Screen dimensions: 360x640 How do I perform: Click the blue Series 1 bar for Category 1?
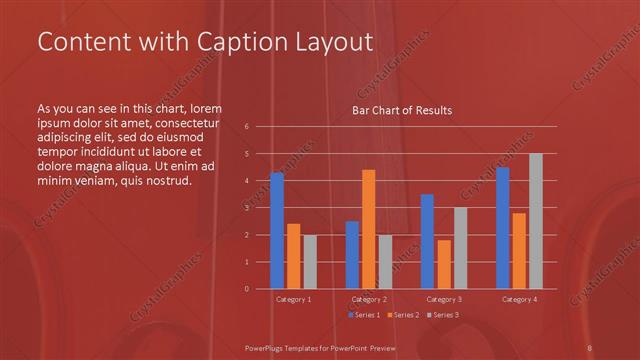click(277, 230)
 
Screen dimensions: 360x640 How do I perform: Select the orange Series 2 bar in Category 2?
click(369, 229)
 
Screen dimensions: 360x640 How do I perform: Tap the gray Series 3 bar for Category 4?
click(536, 221)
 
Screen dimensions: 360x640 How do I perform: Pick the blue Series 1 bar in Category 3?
click(427, 241)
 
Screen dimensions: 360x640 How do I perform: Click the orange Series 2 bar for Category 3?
click(444, 264)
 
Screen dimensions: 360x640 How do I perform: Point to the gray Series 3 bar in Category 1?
click(310, 261)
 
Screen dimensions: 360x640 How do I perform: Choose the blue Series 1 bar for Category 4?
click(503, 228)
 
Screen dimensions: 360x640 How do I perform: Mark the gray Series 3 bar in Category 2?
click(385, 261)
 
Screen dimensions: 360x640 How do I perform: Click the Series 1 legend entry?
click(364, 315)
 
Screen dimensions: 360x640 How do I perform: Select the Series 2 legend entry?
click(402, 315)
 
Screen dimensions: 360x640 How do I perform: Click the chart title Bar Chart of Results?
click(403, 109)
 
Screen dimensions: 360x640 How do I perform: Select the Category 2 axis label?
click(369, 299)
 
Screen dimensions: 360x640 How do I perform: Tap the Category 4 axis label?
click(519, 299)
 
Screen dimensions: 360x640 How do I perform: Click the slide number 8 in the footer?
click(590, 346)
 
